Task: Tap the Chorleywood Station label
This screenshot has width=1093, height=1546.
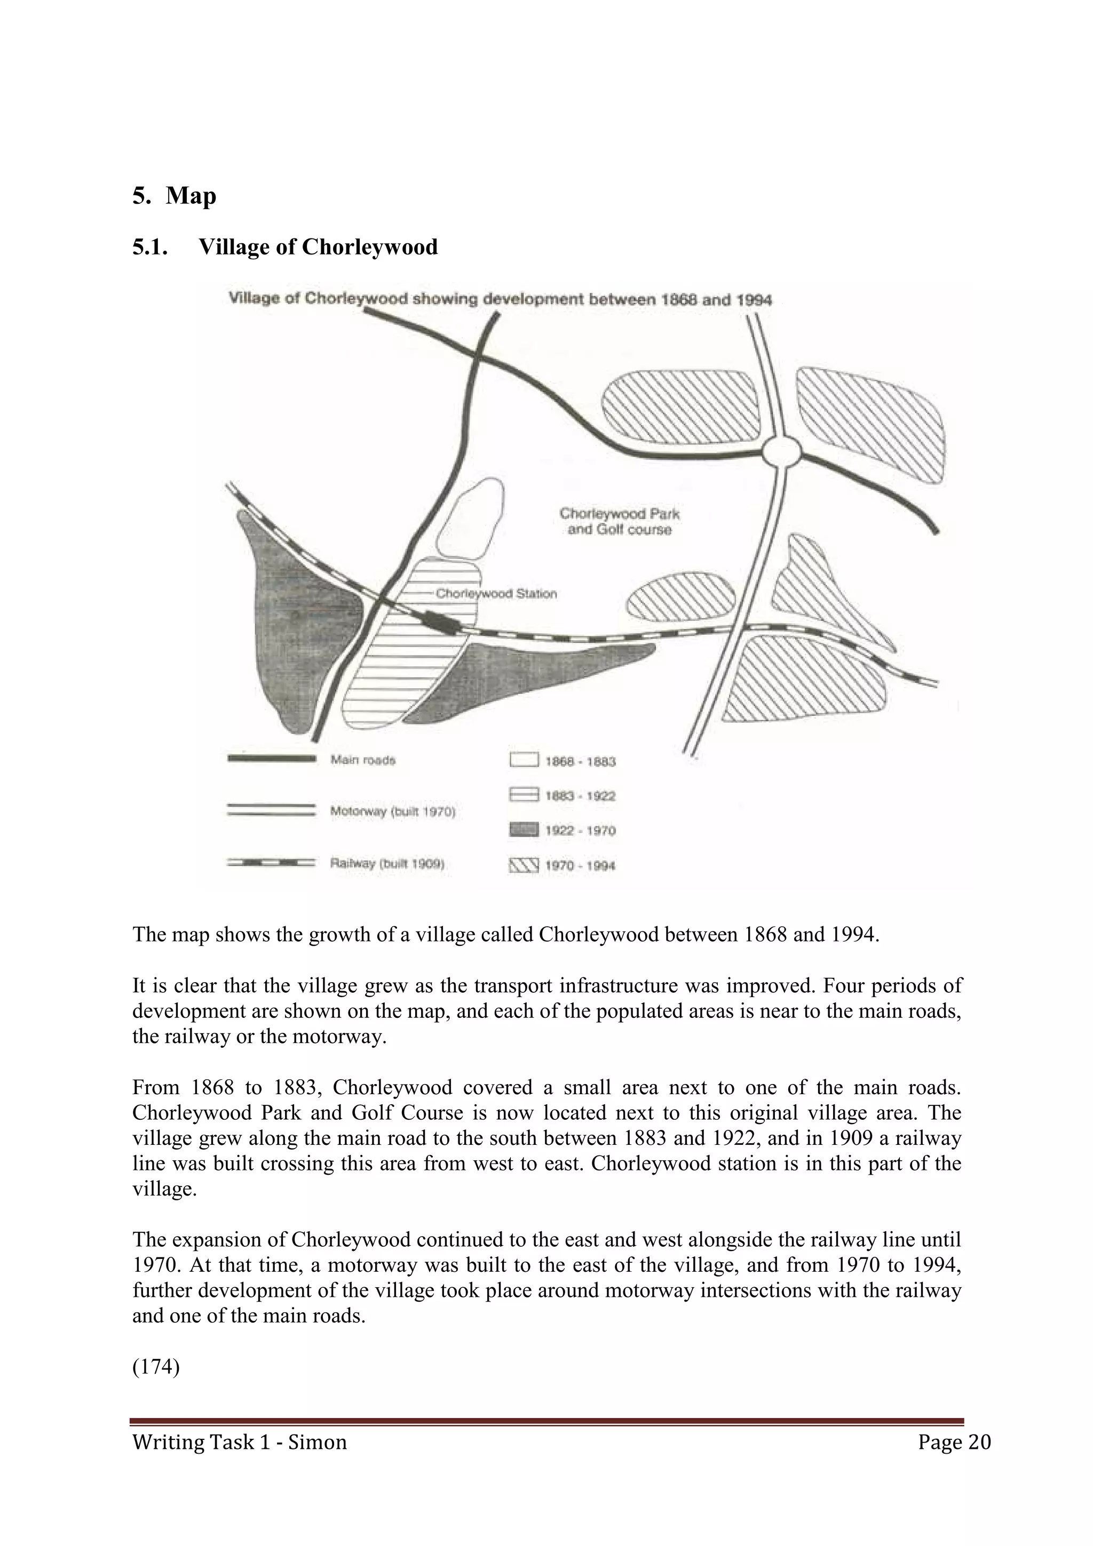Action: click(x=496, y=594)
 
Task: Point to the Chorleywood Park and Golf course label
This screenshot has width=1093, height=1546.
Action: click(x=619, y=522)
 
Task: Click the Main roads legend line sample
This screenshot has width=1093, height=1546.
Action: click(x=272, y=759)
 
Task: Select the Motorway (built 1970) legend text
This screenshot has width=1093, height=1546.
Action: click(x=393, y=812)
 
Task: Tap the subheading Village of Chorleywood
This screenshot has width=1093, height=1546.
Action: click(x=318, y=247)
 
